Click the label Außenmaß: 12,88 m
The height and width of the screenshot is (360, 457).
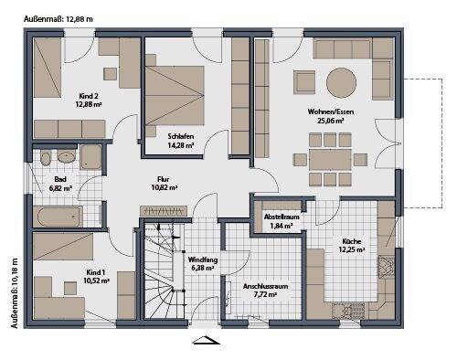(x=40, y=8)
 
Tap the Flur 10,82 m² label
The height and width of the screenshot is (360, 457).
(x=165, y=182)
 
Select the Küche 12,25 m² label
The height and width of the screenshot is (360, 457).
(x=352, y=244)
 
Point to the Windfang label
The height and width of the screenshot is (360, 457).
(x=201, y=264)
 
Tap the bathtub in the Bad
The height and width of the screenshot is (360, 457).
(x=58, y=216)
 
